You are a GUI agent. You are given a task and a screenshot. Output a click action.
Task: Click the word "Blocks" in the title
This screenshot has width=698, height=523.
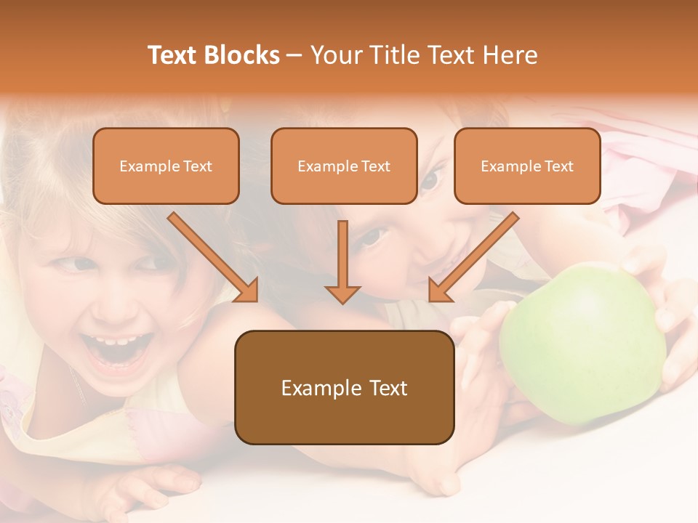point(241,55)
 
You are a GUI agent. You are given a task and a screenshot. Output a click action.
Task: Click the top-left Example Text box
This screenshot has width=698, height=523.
point(166,166)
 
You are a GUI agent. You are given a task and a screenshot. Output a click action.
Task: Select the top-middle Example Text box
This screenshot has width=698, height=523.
point(344,166)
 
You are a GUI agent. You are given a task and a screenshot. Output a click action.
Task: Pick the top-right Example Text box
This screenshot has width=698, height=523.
point(527,166)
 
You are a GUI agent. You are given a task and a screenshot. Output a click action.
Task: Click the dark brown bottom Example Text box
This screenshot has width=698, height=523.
point(344,388)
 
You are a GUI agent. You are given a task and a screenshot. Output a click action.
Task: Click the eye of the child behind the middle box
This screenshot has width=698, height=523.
point(430,179)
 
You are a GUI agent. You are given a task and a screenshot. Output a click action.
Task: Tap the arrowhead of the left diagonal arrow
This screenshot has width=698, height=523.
point(247,291)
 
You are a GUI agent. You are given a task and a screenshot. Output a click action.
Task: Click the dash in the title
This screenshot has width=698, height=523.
point(294,56)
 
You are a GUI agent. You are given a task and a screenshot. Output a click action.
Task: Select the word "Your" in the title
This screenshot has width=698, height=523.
point(336,55)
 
